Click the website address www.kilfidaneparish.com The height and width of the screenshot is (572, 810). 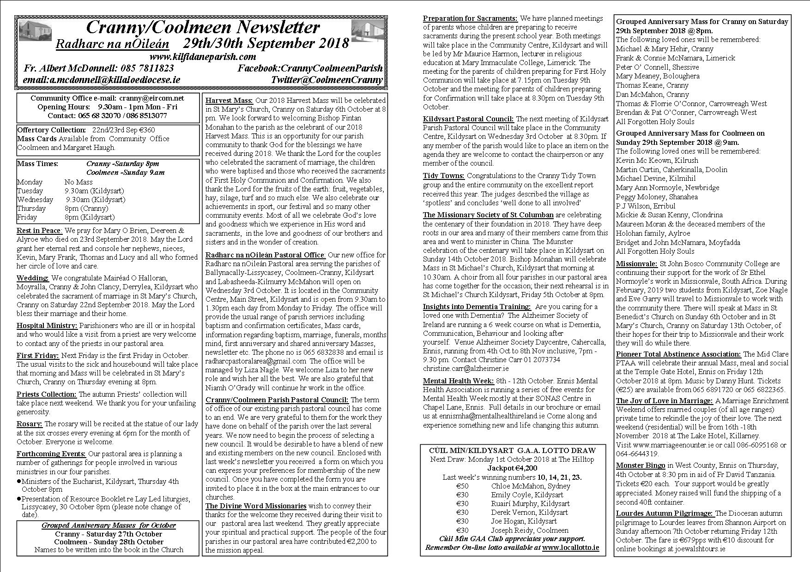pos(202,57)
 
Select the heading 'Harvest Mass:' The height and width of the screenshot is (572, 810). pos(229,100)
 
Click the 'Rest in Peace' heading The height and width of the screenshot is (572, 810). pos(39,231)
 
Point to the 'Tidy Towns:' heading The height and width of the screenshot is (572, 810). pos(444,176)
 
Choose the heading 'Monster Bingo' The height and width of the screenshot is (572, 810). pos(641,465)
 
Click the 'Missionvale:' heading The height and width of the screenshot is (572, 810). pos(636,264)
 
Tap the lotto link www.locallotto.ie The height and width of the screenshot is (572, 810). pos(571,548)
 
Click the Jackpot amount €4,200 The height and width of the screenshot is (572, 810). pos(513,468)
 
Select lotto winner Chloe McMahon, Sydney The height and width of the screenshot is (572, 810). pos(531,486)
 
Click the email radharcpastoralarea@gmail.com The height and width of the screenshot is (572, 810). pos(256,361)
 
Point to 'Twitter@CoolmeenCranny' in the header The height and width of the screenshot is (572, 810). pos(327,80)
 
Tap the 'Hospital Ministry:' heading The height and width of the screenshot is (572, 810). pos(47,326)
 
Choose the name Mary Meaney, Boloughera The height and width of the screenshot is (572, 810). pos(651,76)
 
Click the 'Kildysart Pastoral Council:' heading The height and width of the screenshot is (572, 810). pos(468,119)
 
